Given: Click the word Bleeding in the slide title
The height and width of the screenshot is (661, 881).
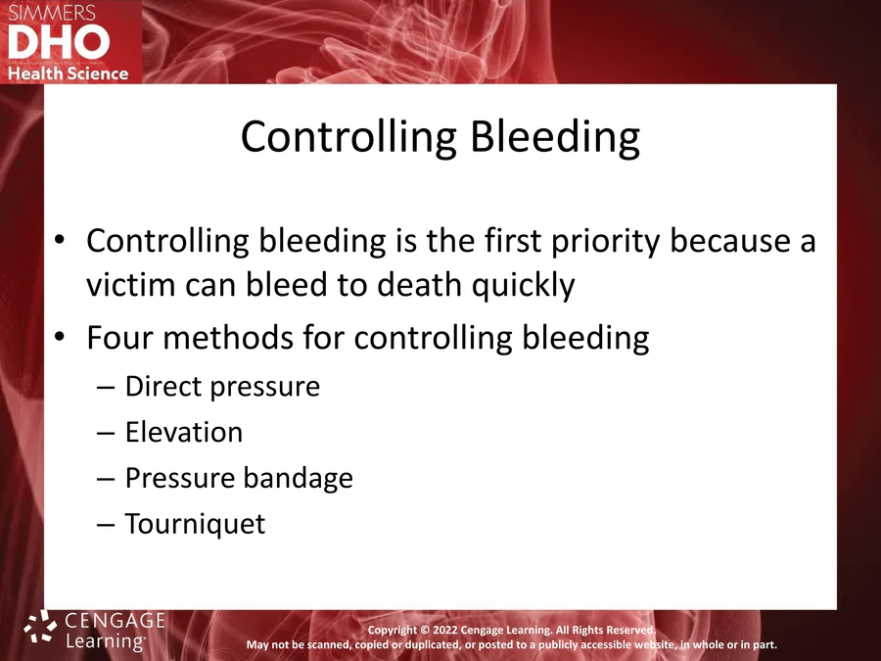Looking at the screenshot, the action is coord(555,137).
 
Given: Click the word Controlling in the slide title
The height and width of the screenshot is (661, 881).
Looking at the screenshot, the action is coord(348,137).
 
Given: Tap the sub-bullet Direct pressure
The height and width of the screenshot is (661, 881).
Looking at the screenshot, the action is coord(222,387).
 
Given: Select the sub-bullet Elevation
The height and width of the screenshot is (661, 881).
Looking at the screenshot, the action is coord(184,432).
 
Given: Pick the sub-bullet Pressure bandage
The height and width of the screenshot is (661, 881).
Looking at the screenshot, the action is coord(239,478).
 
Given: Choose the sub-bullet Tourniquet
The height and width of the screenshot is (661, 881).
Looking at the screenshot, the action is coord(195,525).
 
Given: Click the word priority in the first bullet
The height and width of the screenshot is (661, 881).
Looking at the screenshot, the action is coord(605,242).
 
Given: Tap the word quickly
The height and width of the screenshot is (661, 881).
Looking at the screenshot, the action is coord(523,286).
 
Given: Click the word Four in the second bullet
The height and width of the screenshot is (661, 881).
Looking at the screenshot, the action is coord(119,337).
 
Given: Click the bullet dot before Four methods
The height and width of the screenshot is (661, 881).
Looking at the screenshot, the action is coord(60,337).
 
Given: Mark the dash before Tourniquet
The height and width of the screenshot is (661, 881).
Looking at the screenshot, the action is coord(106,525).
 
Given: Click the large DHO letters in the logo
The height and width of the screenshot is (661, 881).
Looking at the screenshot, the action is coord(59,43).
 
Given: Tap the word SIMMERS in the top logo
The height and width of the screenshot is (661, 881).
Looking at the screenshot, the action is coord(52,13).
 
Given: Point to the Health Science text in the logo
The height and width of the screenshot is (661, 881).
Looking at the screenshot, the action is coord(68,73).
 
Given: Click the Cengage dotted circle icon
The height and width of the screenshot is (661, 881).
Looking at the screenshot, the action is coord(40,626).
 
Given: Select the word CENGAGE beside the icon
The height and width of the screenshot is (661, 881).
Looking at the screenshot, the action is coord(116,620).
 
